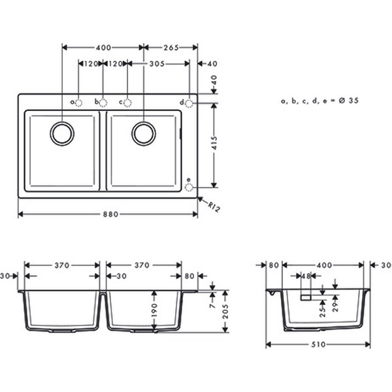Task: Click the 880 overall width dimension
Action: [110, 214]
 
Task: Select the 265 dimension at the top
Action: [171, 48]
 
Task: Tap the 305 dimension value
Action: [157, 64]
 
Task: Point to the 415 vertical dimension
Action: [214, 142]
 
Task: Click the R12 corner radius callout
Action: [214, 207]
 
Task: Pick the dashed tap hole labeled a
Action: [78, 103]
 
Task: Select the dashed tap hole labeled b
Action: [103, 103]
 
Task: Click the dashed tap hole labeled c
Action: [127, 103]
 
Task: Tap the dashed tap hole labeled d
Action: [189, 103]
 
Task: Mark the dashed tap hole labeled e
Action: [189, 187]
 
